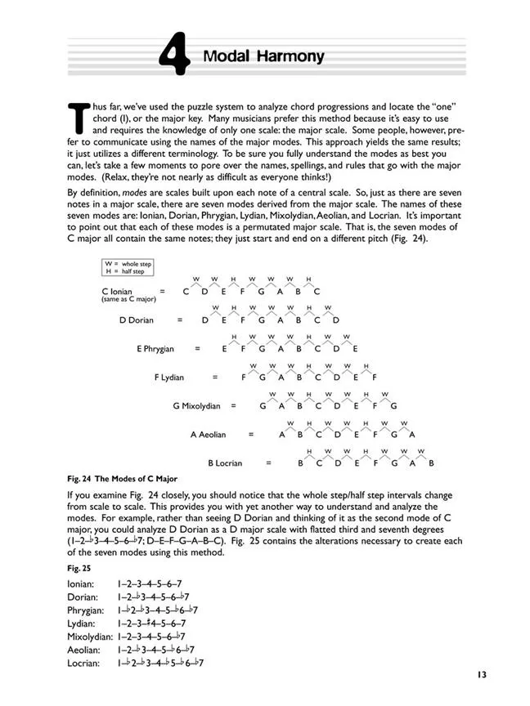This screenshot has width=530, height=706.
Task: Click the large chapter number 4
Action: [174, 58]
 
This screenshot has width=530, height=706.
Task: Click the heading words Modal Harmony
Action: [263, 56]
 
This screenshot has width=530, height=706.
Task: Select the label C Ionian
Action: [117, 290]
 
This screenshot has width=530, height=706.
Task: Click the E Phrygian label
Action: [155, 348]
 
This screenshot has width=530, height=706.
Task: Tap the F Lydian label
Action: [168, 377]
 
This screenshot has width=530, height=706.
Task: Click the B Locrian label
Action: [224, 462]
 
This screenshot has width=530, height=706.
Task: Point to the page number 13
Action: [479, 675]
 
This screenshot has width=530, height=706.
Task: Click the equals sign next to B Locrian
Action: [267, 462]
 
